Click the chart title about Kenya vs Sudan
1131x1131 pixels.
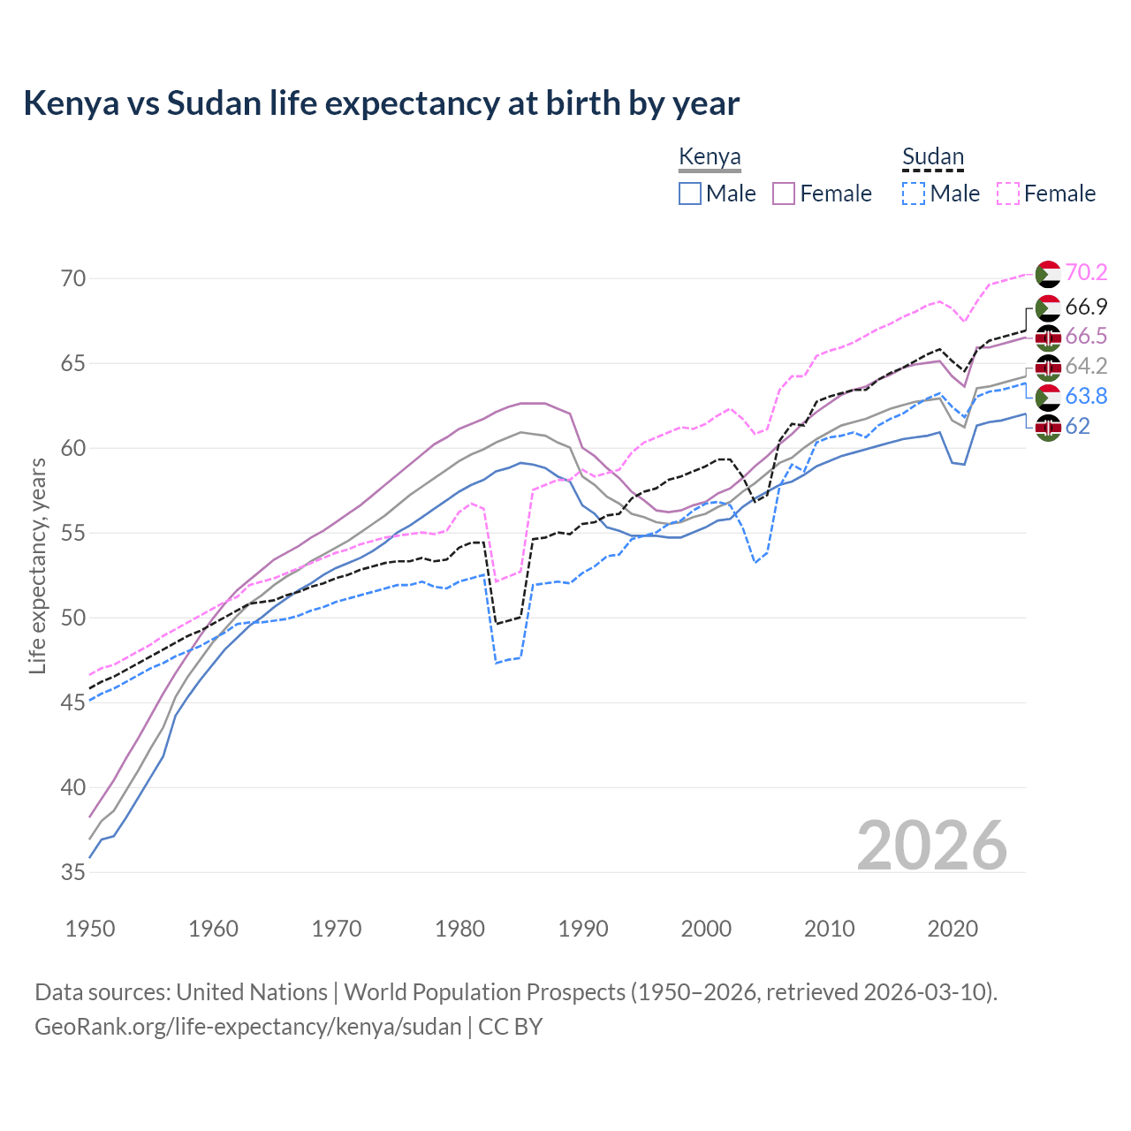coord(381,103)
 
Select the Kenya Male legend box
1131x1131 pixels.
coord(690,194)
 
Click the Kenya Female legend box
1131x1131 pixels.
coord(785,194)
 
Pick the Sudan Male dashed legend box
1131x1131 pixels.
coord(914,194)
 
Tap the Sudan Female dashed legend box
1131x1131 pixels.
coord(1008,194)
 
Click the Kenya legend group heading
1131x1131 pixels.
coord(710,157)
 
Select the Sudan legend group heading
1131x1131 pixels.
coord(932,157)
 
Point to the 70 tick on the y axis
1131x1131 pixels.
coord(74,278)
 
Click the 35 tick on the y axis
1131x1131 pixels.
coord(74,872)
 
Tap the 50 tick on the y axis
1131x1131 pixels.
coord(74,618)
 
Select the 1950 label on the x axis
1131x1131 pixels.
coord(90,929)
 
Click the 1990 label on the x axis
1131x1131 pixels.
coord(583,929)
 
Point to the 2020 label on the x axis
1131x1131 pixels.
coord(953,929)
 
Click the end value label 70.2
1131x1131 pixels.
coord(1086,273)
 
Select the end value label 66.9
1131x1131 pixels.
coord(1086,307)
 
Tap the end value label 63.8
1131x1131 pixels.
coord(1086,396)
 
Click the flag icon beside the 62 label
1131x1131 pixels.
coord(1048,428)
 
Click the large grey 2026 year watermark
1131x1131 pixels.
coord(932,846)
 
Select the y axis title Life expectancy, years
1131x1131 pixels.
coord(37,565)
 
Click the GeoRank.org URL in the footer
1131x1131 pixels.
coord(247,1027)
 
